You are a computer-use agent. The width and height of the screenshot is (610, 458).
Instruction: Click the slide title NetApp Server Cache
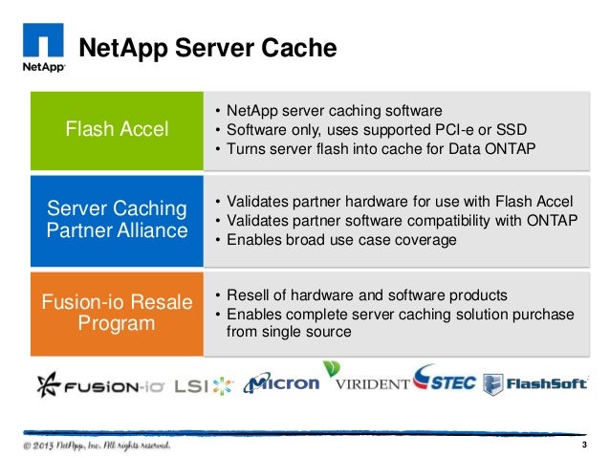point(207,48)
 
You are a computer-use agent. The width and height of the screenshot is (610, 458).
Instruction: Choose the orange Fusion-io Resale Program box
point(117,313)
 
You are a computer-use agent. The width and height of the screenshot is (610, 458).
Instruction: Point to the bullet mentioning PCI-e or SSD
point(371,130)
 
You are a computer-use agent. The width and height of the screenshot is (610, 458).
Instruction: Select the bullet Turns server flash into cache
point(375,150)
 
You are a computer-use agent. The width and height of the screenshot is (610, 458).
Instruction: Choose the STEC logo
point(446,381)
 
